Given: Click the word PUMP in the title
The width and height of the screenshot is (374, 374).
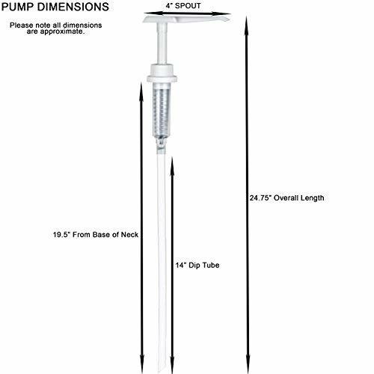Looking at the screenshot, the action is (18, 7).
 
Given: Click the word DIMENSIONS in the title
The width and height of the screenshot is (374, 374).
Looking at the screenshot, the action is (73, 7).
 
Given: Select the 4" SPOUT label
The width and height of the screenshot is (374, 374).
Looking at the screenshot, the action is (183, 6).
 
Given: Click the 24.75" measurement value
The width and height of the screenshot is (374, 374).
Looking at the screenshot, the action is (260, 198).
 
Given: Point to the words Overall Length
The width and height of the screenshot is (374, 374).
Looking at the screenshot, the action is (299, 198).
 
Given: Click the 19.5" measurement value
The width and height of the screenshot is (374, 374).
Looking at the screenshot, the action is (61, 235).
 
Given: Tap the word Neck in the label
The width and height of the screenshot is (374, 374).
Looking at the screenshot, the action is (129, 235).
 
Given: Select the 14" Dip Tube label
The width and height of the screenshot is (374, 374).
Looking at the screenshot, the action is (197, 265).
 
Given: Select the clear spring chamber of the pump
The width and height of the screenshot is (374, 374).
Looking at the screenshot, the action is (162, 110).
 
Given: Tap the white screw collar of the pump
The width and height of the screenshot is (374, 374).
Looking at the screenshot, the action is (162, 73).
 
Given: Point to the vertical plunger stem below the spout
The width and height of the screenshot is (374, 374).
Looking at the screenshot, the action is (162, 43).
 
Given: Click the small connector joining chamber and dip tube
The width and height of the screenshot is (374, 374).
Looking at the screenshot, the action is (161, 146).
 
